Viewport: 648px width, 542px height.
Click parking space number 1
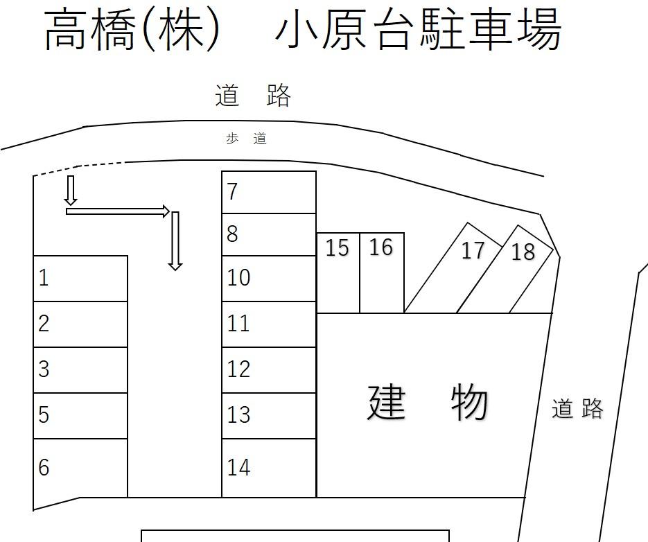80,279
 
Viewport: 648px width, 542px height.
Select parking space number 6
80,468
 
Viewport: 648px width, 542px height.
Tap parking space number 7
269,192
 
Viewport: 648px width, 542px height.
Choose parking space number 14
269,468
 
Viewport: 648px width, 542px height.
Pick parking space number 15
338,273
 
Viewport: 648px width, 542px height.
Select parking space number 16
381,273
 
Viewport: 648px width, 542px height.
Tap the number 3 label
44,369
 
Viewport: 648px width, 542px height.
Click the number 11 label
238,323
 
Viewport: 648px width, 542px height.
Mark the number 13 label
238,414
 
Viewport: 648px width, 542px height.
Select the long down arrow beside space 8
175,241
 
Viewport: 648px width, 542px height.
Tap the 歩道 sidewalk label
246,139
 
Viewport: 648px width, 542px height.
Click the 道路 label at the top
253,96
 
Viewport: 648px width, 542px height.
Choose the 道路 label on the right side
577,409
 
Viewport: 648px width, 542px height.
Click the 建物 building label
428,403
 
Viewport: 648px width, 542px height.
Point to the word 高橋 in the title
89,30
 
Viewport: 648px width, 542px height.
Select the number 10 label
238,277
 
